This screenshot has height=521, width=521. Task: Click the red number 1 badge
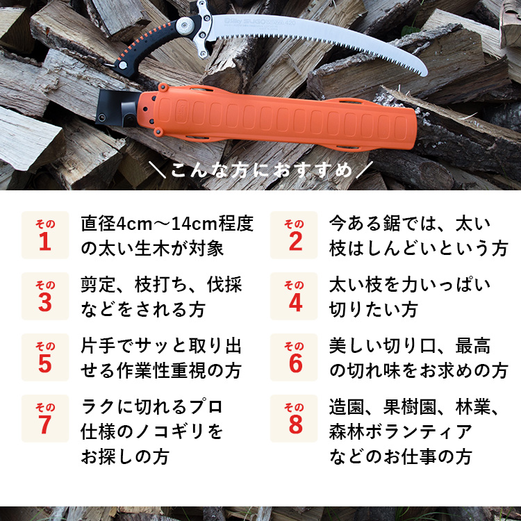point(45,235)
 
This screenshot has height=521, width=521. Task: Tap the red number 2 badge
point(294,235)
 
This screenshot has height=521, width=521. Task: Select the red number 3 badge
point(45,296)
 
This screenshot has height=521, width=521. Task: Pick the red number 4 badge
point(294,296)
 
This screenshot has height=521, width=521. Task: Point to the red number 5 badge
point(45,357)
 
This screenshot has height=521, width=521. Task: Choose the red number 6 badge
point(294,357)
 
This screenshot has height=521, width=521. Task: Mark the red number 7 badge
point(45,418)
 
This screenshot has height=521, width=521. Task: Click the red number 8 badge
point(294,418)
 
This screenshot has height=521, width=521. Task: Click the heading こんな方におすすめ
point(260,169)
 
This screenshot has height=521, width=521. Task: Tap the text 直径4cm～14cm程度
point(167,224)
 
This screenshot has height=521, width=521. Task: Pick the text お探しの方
point(125,456)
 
